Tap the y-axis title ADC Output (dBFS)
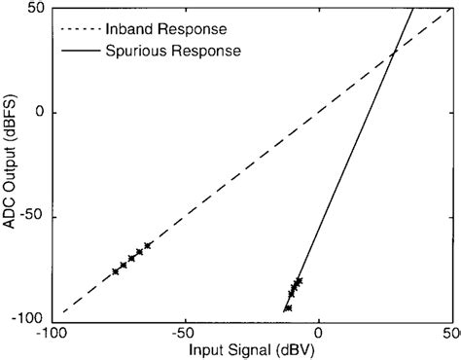coord(12,163)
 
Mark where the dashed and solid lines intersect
coord(393,53)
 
